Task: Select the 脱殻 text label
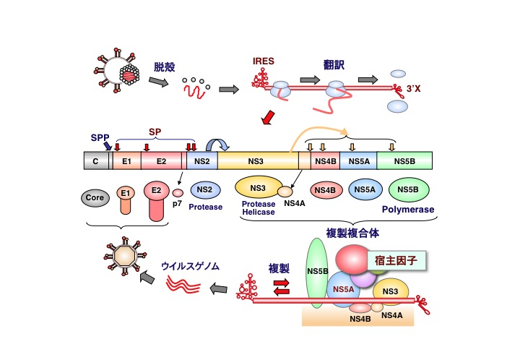point(165,68)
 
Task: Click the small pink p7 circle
point(177,193)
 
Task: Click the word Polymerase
point(409,210)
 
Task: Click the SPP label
point(100,137)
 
